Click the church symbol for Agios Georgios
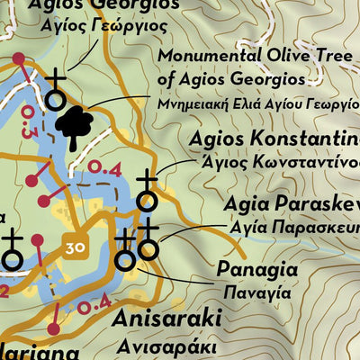pyautogui.click(x=57, y=90)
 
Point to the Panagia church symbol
pyautogui.click(x=126, y=252)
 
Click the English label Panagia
pyautogui.click(x=256, y=269)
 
